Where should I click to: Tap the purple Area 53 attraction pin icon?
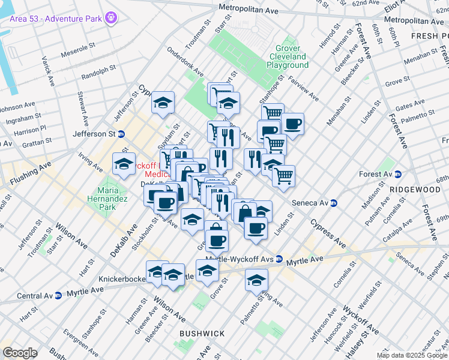coord(110,19)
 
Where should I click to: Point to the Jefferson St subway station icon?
coord(121,134)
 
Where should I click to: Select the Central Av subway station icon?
coord(58,296)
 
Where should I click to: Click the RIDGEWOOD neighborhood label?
coord(415,189)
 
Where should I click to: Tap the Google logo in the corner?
coord(20,352)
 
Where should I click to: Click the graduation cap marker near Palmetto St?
coord(256,280)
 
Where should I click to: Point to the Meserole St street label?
coord(80,45)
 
